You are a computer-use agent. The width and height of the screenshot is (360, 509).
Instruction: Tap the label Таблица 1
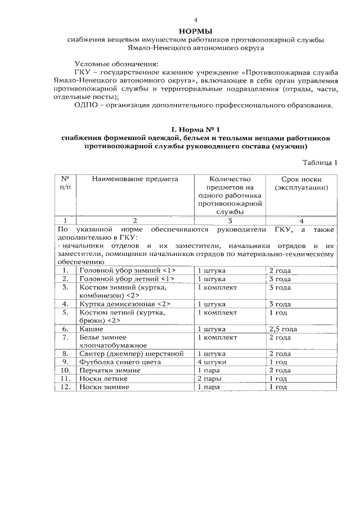click(319, 163)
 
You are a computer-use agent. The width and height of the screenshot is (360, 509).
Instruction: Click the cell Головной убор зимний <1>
click(127, 271)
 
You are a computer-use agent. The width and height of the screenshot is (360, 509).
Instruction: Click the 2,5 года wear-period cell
click(283, 328)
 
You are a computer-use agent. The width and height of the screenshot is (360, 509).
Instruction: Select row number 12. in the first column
click(65, 388)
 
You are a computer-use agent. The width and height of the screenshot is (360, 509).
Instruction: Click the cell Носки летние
click(104, 379)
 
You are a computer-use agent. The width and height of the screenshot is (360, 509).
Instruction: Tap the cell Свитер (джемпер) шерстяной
click(132, 354)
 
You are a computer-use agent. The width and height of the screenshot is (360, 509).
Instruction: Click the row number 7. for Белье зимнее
click(65, 337)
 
